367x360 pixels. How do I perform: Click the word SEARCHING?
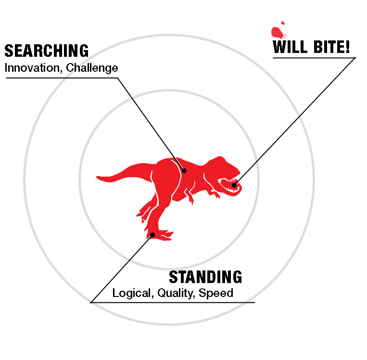(47, 51)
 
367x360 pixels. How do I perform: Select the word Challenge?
(92, 68)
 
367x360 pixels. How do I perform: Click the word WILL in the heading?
(290, 47)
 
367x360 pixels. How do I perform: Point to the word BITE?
(331, 47)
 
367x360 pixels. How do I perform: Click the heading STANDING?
(205, 277)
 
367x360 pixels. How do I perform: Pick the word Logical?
(133, 293)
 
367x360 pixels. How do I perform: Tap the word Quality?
(176, 293)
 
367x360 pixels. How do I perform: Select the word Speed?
(216, 293)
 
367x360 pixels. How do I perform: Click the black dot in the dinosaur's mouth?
(234, 185)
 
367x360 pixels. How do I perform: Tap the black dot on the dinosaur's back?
(184, 171)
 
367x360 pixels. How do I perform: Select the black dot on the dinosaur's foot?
(152, 235)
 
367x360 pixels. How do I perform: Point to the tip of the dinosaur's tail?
(97, 177)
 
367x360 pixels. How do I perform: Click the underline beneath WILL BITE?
(314, 58)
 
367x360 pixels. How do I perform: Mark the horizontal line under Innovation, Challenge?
(62, 78)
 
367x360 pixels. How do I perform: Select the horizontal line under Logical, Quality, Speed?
(173, 303)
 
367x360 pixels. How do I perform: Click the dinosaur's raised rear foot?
(142, 211)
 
